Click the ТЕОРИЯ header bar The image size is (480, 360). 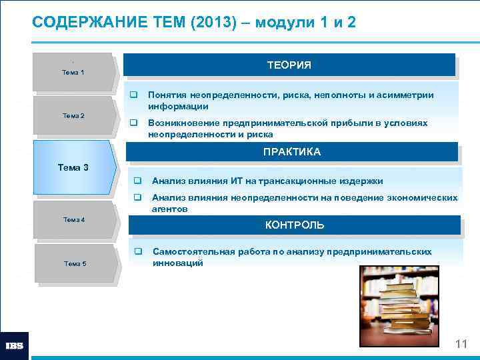point(289,65)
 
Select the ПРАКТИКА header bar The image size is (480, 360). point(291,152)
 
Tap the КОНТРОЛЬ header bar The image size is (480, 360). point(294,225)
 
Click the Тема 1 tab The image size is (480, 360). point(73,71)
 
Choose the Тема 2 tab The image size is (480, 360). point(73,115)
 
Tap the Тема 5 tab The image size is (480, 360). point(75,263)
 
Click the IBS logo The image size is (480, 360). point(15,346)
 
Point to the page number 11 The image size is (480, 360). point(461,344)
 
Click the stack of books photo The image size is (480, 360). point(399,306)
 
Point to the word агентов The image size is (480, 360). point(169,209)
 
